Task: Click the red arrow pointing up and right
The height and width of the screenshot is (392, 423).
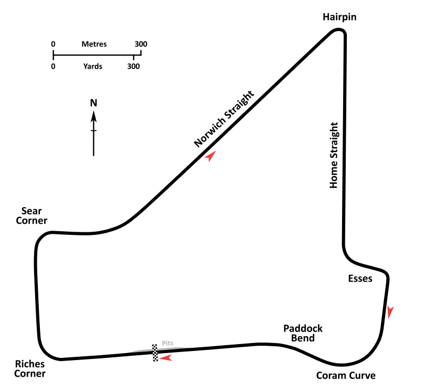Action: click(x=211, y=156)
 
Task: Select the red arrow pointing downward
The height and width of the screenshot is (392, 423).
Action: click(x=389, y=312)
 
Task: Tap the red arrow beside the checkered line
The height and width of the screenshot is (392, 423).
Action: click(x=167, y=358)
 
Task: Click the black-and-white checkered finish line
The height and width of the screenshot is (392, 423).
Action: click(x=155, y=353)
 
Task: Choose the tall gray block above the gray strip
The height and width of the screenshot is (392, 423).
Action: click(x=166, y=341)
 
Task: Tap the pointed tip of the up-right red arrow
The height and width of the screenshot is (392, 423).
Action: click(x=216, y=151)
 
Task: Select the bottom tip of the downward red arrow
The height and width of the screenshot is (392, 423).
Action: click(x=389, y=318)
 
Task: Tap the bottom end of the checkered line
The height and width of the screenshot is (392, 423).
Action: click(x=155, y=361)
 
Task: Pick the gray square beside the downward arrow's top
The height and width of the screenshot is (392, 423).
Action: click(x=393, y=306)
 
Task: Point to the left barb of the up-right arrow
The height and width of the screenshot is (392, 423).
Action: click(x=206, y=157)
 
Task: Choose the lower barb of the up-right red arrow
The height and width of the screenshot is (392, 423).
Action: click(x=211, y=160)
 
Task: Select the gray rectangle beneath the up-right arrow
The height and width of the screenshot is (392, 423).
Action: click(x=209, y=162)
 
